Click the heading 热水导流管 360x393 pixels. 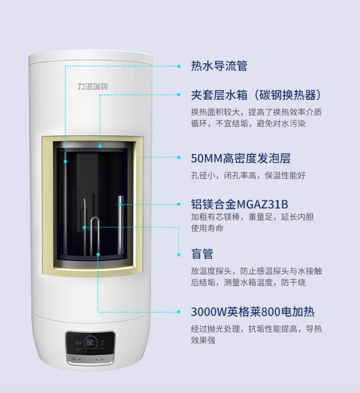[219, 66]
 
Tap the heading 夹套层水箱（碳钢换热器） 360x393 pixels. [256, 95]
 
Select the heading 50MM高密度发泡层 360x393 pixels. [241, 158]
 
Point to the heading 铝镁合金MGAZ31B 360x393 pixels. [240, 204]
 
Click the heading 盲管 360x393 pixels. [202, 254]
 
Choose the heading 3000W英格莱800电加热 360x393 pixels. [253, 312]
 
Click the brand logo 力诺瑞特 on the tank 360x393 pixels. [93, 86]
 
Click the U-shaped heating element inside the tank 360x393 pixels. [95, 236]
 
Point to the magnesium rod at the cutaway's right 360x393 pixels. [121, 226]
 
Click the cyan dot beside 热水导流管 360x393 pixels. [178, 66]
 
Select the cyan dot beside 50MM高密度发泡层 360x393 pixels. [178, 157]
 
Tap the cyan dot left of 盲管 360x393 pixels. [178, 255]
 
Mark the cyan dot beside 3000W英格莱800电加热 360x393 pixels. [178, 312]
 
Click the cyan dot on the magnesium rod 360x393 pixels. [120, 205]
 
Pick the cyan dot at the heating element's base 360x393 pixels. [98, 254]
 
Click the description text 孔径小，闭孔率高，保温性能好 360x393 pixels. [248, 175]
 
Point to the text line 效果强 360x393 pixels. [203, 341]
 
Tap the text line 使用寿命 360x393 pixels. [207, 228]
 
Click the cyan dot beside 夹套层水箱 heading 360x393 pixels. [178, 95]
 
